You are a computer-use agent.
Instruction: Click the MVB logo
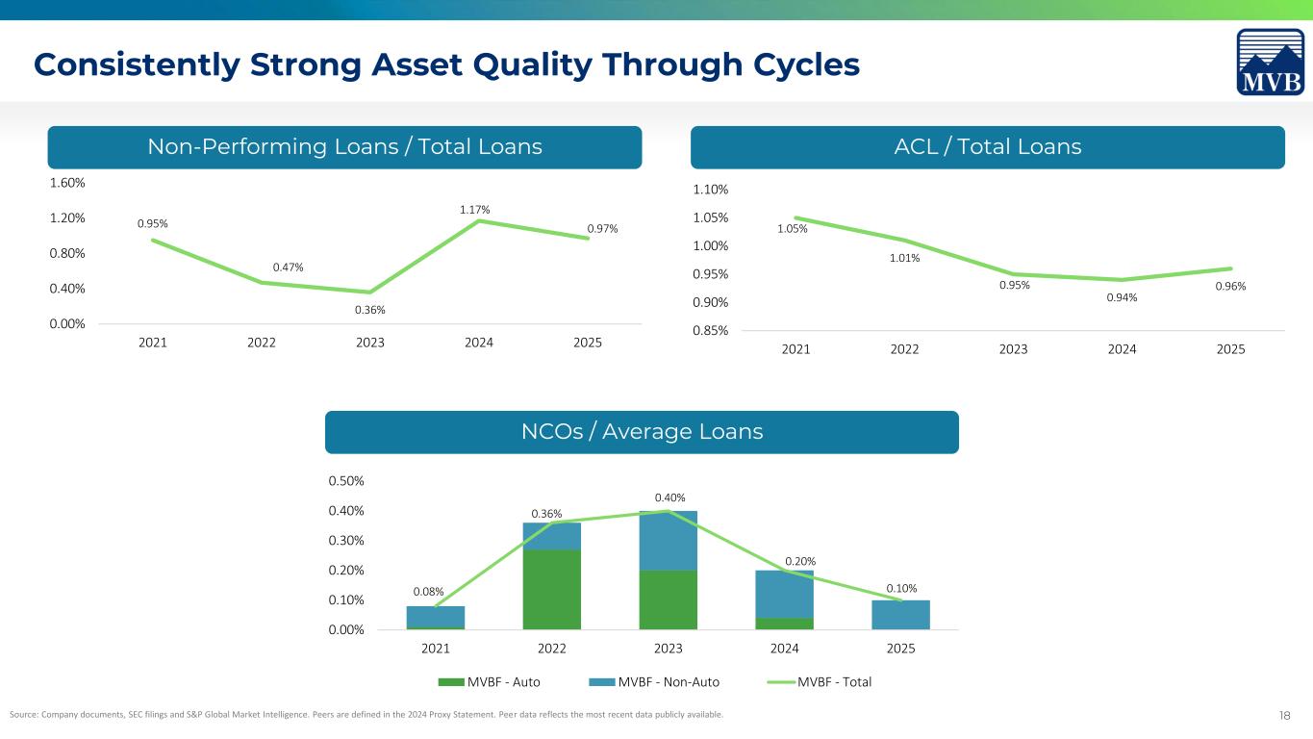[x=1270, y=63]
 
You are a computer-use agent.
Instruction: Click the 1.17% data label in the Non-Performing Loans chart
[x=474, y=209]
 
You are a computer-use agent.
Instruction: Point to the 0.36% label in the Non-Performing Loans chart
[x=365, y=310]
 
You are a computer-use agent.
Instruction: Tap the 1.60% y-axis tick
[x=66, y=183]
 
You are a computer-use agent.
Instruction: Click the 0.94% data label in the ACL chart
[x=1122, y=297]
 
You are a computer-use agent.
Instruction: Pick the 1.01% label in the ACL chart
[x=904, y=258]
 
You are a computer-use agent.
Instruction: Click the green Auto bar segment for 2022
[x=552, y=589]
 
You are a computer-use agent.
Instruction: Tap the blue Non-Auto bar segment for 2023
[x=669, y=540]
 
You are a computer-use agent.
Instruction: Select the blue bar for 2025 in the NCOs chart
[x=900, y=615]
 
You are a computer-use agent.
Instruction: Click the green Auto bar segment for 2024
[x=785, y=624]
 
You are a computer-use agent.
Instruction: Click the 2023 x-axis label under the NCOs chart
[x=669, y=649]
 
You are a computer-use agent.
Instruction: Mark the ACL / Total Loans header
[x=988, y=147]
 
